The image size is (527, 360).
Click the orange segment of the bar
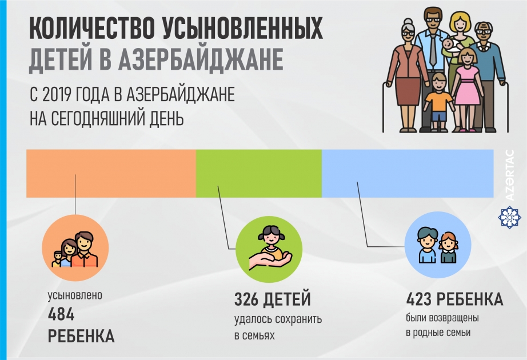click(x=111, y=173)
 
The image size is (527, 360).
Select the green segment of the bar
click(x=258, y=173)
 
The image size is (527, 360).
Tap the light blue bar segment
click(x=408, y=173)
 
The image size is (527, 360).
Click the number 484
click(x=62, y=314)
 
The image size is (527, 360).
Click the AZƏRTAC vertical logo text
click(x=510, y=175)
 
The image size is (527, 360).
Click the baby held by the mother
click(x=451, y=45)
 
